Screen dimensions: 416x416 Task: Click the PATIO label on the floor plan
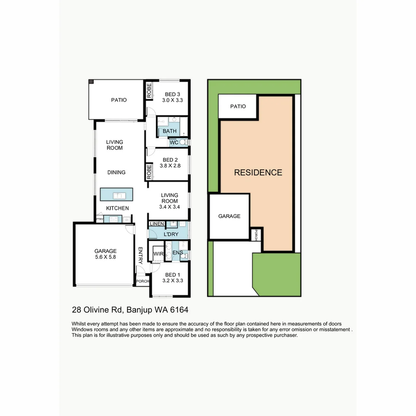click(x=119, y=100)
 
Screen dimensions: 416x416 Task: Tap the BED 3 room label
click(x=172, y=94)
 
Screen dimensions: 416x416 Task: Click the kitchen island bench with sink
click(x=117, y=195)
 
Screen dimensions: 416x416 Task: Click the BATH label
click(x=169, y=131)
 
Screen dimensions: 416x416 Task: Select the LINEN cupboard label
click(x=157, y=224)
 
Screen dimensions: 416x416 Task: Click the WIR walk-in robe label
click(x=158, y=253)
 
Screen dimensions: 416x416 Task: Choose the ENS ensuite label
click(x=178, y=253)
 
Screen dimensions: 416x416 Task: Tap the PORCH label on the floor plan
click(x=143, y=281)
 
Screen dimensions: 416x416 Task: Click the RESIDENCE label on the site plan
click(x=258, y=173)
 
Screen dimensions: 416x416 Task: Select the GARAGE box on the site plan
click(x=229, y=216)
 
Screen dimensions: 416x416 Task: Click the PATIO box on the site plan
click(x=238, y=107)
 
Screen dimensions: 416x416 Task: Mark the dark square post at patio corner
click(x=91, y=82)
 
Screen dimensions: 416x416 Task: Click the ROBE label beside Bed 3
click(x=149, y=91)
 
